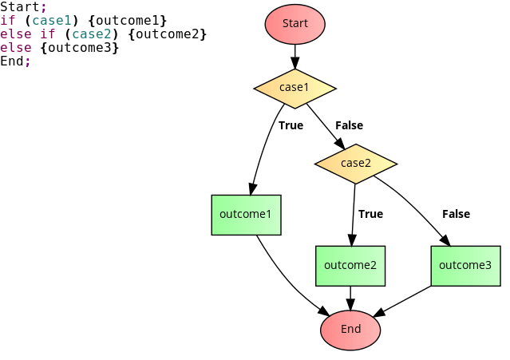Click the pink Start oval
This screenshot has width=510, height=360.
[295, 24]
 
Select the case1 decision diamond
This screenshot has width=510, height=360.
[295, 87]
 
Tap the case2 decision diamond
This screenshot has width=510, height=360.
[356, 164]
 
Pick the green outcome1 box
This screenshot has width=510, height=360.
[246, 215]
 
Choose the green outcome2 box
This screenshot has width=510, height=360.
[350, 266]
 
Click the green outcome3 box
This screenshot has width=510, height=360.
[465, 266]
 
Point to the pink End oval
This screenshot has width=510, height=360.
[350, 330]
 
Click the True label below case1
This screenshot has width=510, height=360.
[291, 125]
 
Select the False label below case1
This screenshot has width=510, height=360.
[349, 125]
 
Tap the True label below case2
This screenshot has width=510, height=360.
[370, 214]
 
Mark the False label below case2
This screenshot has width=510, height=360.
[456, 214]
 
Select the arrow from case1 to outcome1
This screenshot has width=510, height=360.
[261, 152]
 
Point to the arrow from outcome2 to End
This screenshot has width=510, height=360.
[350, 298]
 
